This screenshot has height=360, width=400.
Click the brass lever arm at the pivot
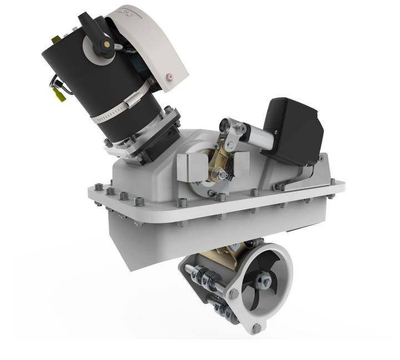coord(222,155)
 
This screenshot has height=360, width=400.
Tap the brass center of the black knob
coord(102,43)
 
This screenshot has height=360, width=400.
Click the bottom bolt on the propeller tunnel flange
coord(256,328)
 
